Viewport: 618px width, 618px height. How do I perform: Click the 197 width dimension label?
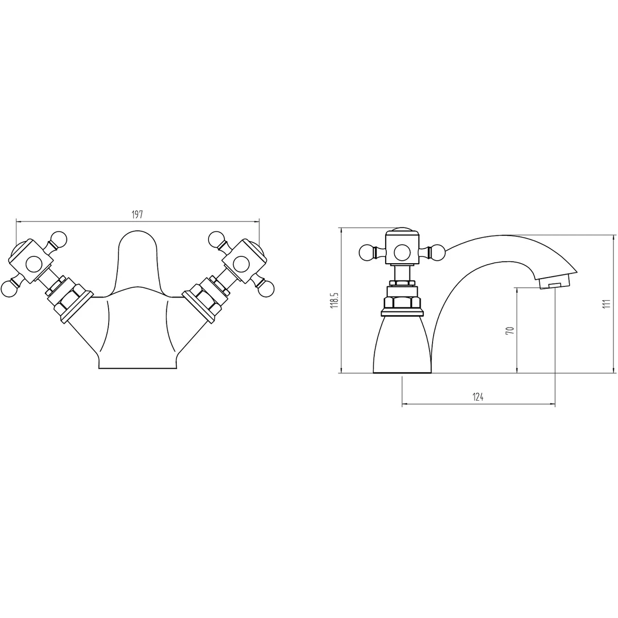coord(138,215)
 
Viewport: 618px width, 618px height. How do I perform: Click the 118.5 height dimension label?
coord(335,300)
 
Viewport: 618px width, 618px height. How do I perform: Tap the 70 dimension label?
coord(510,330)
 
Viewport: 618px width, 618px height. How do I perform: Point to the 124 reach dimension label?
coord(478,397)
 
